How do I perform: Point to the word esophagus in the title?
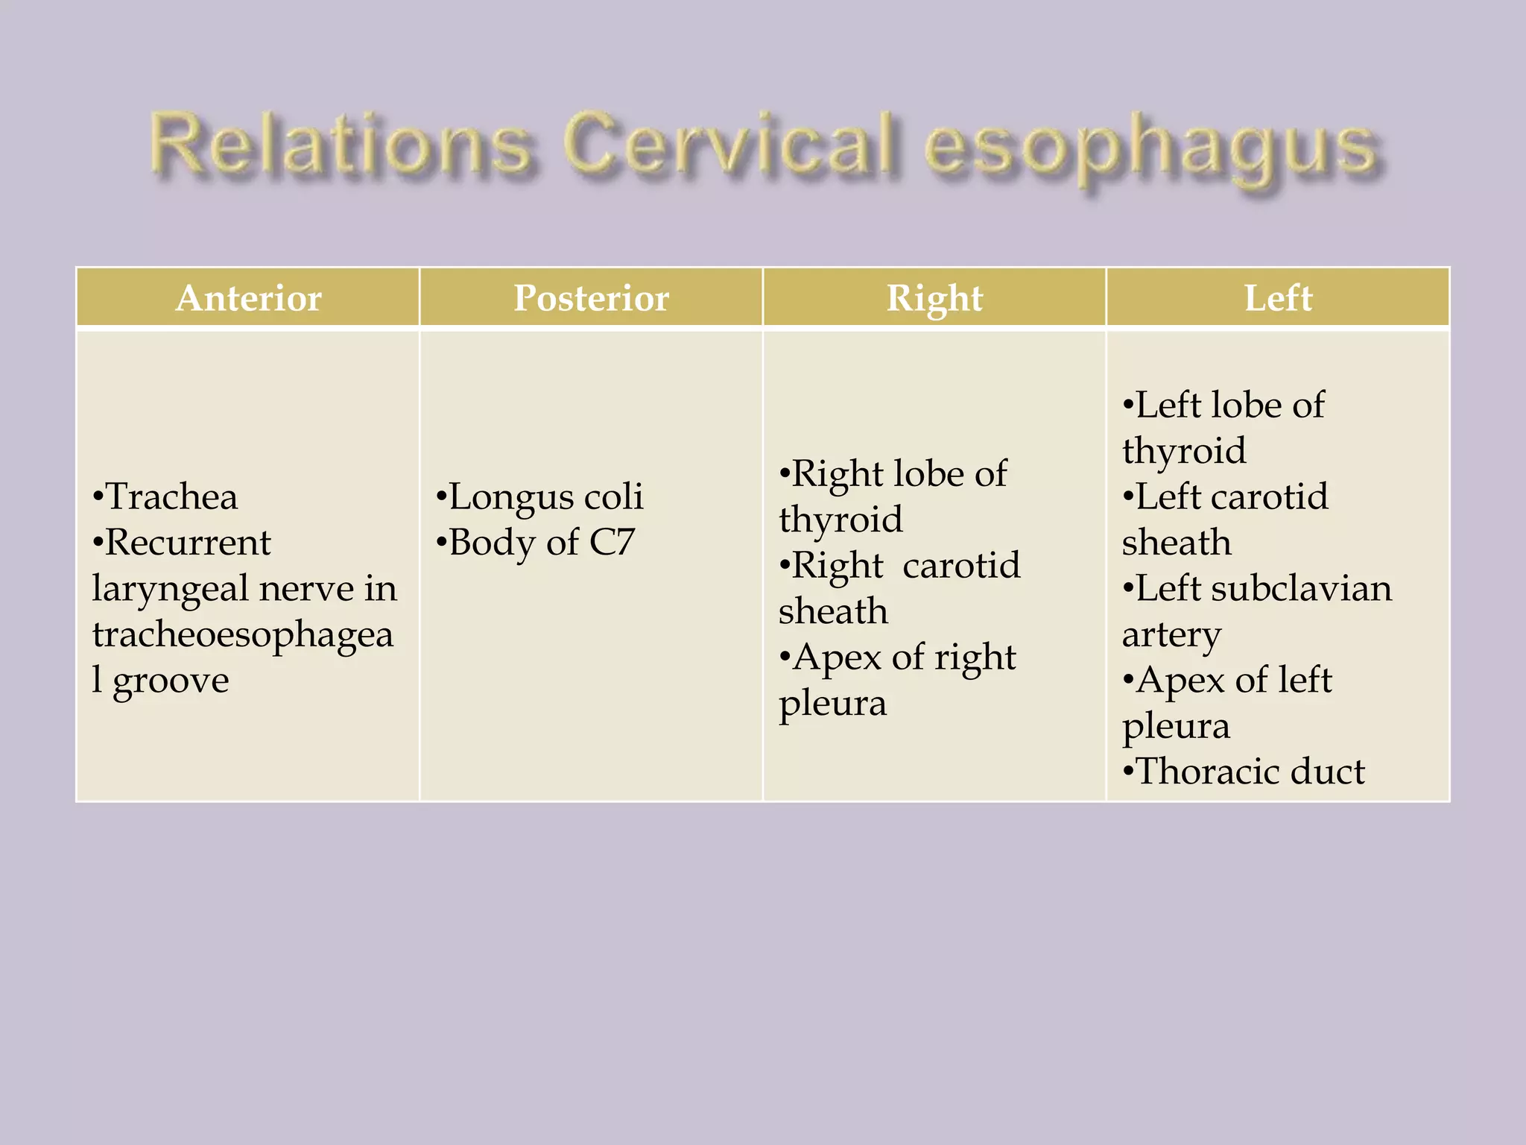pos(1151,149)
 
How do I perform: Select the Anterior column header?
pos(248,297)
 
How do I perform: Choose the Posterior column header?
pos(591,297)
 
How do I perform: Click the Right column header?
pos(934,297)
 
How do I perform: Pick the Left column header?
pos(1278,297)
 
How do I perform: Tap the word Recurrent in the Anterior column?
pos(188,542)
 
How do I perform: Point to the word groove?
pos(171,681)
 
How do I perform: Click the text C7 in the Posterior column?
pos(612,542)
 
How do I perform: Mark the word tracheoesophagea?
pos(243,635)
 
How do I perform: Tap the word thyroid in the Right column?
pos(840,520)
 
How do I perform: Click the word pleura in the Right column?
pos(832,704)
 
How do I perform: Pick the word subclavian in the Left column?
pos(1301,588)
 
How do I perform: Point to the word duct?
pos(1327,771)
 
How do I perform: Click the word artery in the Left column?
pos(1171,635)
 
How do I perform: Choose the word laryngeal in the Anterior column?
pos(169,590)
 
